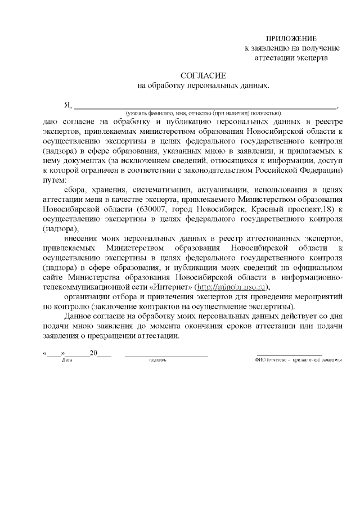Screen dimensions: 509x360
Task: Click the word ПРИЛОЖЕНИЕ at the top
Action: click(x=291, y=38)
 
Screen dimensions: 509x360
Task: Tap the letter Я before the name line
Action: click(x=68, y=105)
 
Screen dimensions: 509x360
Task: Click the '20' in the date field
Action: click(x=94, y=353)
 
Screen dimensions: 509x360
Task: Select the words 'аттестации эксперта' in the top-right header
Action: click(x=291, y=57)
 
